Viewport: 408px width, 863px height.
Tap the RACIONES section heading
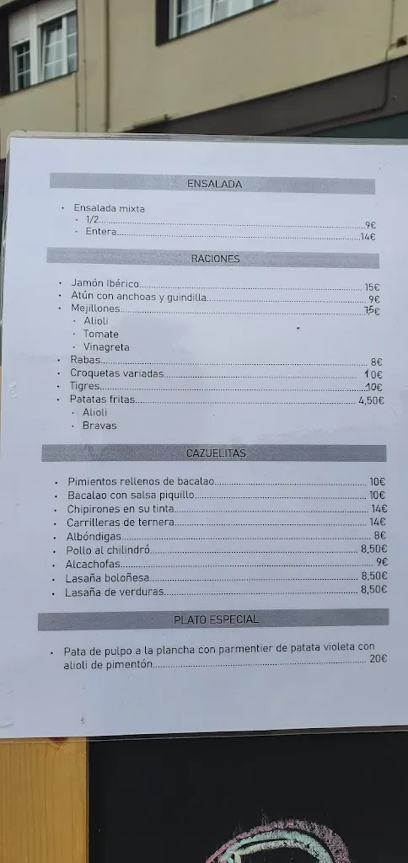click(x=215, y=259)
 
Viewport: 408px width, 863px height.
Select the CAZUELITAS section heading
click(x=216, y=453)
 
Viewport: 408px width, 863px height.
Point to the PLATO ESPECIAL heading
click(x=216, y=619)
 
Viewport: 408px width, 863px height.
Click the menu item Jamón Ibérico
click(x=105, y=284)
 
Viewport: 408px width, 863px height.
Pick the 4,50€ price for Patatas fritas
click(x=371, y=400)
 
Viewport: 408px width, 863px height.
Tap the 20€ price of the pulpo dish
click(x=378, y=658)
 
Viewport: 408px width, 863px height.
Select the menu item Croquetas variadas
click(x=117, y=373)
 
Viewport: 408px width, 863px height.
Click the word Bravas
click(x=99, y=425)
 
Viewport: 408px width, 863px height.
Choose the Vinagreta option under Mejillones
click(x=106, y=347)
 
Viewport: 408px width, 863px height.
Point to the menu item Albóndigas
click(x=94, y=536)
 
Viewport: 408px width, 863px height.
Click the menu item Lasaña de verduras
click(x=115, y=592)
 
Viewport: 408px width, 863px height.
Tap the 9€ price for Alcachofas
click(x=381, y=562)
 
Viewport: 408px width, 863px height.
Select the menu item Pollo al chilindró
click(x=108, y=549)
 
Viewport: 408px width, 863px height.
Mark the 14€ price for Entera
click(x=368, y=237)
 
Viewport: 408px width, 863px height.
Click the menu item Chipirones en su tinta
click(x=121, y=509)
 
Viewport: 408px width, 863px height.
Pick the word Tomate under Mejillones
click(x=101, y=334)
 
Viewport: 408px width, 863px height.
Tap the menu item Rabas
click(x=85, y=360)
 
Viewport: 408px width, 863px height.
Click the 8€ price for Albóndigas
click(x=379, y=535)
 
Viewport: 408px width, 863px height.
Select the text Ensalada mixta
click(x=109, y=208)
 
